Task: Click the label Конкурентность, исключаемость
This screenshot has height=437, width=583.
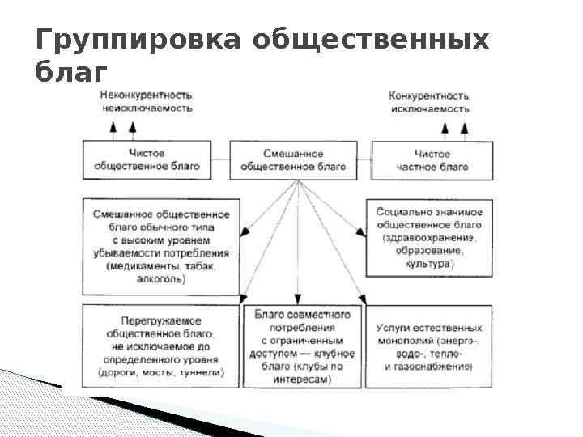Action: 430,100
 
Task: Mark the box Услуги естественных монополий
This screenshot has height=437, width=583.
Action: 428,347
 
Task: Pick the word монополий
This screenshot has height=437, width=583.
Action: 410,341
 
